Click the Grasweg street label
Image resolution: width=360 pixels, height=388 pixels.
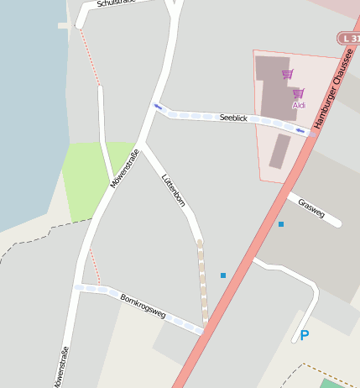(311, 207)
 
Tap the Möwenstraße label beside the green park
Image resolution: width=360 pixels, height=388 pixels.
(124, 168)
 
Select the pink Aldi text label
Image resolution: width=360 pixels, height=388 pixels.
(299, 106)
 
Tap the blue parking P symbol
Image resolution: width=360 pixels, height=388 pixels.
(305, 335)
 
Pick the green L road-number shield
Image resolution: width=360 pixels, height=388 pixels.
(349, 39)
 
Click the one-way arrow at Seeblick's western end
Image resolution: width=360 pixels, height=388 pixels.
(158, 107)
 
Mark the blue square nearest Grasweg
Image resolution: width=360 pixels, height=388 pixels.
(281, 224)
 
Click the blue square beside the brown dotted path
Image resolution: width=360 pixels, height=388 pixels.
(223, 275)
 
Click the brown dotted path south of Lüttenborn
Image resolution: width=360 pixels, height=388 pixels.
(202, 281)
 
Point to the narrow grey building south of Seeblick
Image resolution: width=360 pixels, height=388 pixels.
(279, 152)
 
